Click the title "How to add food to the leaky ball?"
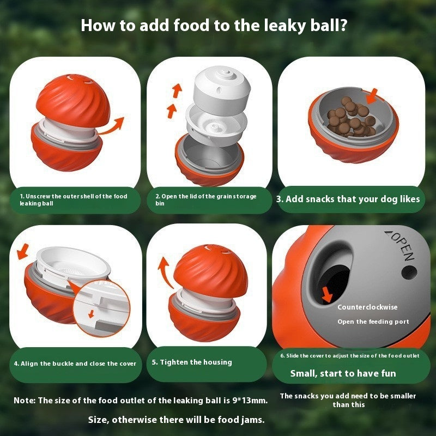[x=214, y=26]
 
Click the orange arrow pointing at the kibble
[x=372, y=98]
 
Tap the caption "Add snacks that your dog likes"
[x=348, y=199]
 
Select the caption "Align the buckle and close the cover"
[x=75, y=364]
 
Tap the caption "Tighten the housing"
[x=192, y=362]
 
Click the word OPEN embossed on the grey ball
[x=401, y=245]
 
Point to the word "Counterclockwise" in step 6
[x=367, y=307]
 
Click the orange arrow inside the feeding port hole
[x=327, y=294]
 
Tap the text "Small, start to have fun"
[x=343, y=373]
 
